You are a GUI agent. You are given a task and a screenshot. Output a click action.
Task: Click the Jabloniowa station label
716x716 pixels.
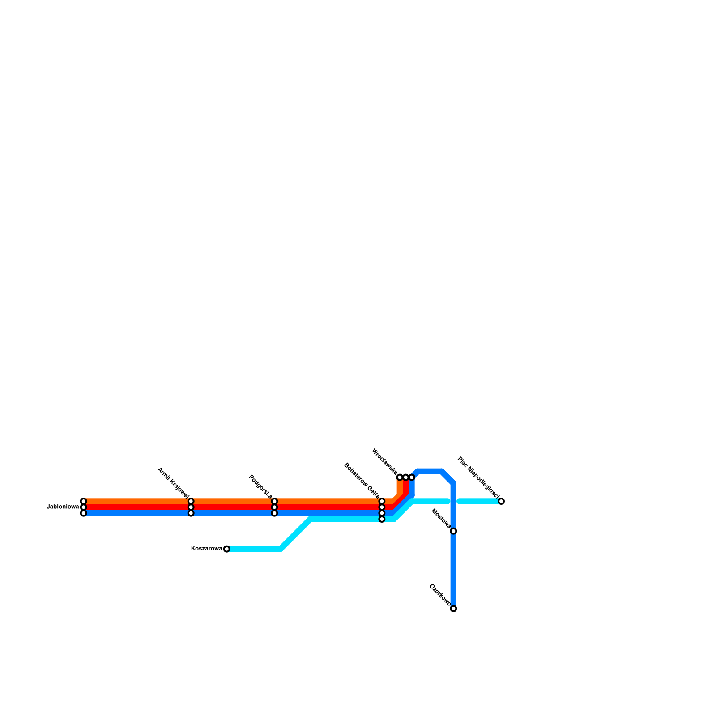[x=63, y=507]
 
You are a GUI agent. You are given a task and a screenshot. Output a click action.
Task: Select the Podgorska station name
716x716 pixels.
[x=260, y=486]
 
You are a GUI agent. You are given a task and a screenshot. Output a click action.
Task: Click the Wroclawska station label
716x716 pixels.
[x=384, y=461]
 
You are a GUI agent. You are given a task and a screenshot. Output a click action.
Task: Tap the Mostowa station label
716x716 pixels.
[x=441, y=518]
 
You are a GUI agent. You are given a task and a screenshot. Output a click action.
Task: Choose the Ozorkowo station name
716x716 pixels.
[x=440, y=595]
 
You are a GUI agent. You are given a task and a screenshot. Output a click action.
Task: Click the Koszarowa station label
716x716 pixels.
[x=206, y=549]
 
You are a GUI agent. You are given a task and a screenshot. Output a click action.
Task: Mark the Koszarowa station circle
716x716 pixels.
[x=226, y=549]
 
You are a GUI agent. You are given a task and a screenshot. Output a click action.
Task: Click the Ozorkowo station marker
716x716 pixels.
[x=453, y=609]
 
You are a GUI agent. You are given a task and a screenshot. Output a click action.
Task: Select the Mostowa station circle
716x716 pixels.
[x=453, y=531]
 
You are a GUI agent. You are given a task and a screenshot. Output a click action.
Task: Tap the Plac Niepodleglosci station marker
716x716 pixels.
[x=501, y=501]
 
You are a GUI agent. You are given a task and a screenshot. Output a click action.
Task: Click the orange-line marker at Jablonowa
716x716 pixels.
[x=83, y=501]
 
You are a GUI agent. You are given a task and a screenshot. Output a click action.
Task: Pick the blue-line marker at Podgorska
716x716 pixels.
[x=274, y=513]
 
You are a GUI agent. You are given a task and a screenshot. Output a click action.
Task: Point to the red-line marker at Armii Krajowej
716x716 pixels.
[x=191, y=507]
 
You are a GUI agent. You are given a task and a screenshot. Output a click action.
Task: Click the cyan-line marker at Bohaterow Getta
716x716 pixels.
[x=382, y=519]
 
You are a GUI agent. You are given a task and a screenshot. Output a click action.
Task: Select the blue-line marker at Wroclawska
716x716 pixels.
[x=412, y=477]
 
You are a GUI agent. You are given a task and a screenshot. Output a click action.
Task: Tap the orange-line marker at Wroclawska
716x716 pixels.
[x=400, y=477]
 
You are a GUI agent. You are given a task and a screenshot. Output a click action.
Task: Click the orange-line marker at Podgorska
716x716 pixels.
[x=274, y=501]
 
